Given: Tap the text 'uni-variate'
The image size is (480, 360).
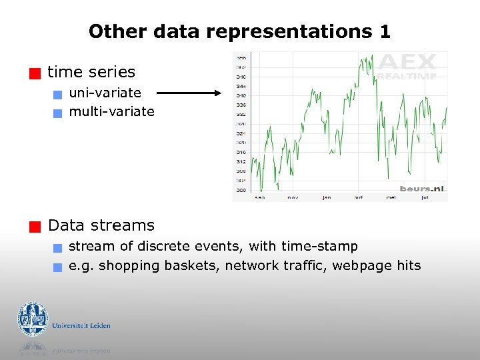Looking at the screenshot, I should (x=105, y=93).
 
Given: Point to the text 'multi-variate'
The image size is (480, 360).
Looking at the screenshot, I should (x=111, y=111).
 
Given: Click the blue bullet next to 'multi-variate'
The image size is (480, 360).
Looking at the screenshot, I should (x=58, y=113).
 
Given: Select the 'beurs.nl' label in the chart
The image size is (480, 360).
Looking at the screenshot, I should (x=421, y=189).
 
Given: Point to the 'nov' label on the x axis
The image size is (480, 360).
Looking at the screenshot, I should (x=293, y=197).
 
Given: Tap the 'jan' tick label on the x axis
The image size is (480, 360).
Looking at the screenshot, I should (x=327, y=197).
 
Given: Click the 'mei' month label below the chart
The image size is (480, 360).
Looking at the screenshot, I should (x=391, y=197).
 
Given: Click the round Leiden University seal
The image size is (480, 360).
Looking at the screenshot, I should (x=32, y=319).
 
